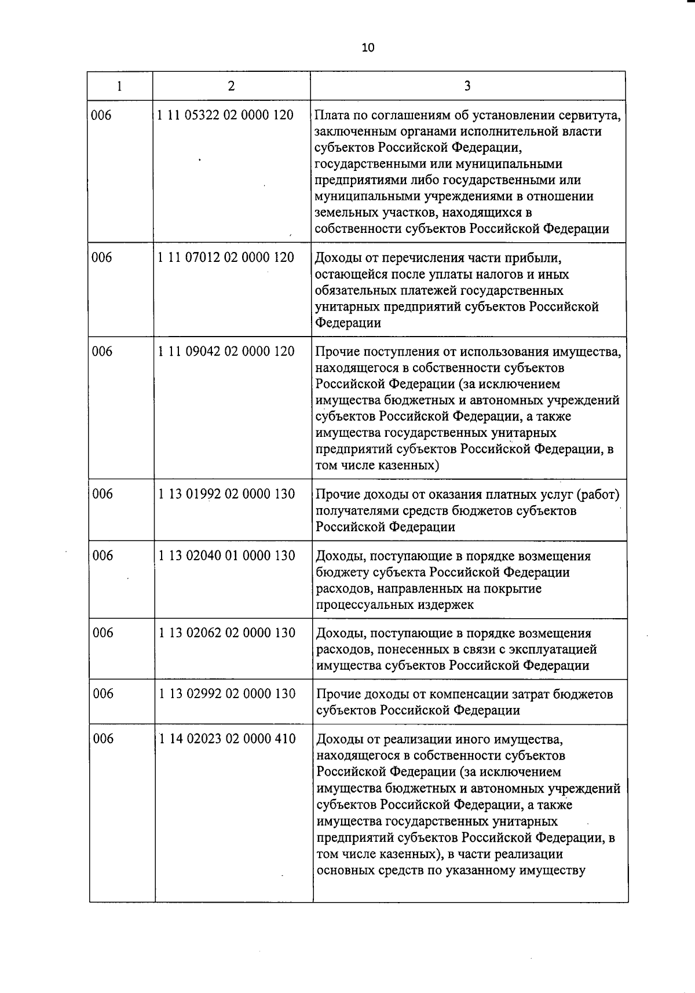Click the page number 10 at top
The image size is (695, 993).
pos(368,48)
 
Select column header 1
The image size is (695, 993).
pos(119,86)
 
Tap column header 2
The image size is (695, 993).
pos(231,86)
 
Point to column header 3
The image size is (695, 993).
pos(467,86)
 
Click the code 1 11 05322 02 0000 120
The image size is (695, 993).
pos(225,115)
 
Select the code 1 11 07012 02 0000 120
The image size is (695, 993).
pos(226,258)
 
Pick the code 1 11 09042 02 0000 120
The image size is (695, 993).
pos(226,352)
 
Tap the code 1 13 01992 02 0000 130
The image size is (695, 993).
pos(226,494)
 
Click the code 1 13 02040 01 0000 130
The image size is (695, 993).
pos(227,556)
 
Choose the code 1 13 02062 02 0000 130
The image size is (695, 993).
pos(227,633)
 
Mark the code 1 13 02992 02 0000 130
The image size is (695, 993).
pos(227,694)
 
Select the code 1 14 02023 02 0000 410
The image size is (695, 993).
pos(227,739)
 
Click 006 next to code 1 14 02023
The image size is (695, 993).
pos(103,739)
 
